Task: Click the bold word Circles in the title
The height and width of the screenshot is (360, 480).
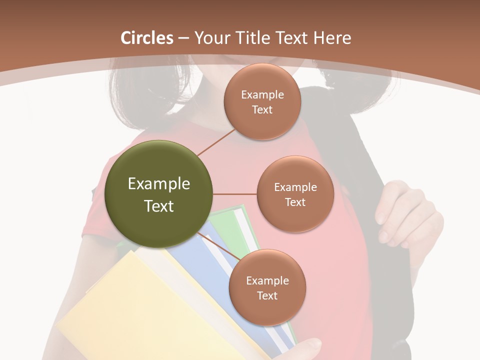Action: tap(147, 38)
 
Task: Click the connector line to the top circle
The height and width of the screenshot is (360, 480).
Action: tap(216, 142)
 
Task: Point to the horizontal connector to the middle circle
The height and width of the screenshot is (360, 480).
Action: tap(235, 194)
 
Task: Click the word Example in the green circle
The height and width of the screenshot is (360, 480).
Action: tap(159, 184)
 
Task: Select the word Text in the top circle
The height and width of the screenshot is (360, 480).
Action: tap(262, 109)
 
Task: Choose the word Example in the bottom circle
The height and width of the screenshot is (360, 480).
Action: tap(267, 280)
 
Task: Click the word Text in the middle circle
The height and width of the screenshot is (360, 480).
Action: tap(295, 202)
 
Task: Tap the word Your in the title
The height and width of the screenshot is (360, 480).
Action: tap(209, 38)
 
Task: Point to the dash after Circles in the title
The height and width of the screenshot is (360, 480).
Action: tap(183, 38)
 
